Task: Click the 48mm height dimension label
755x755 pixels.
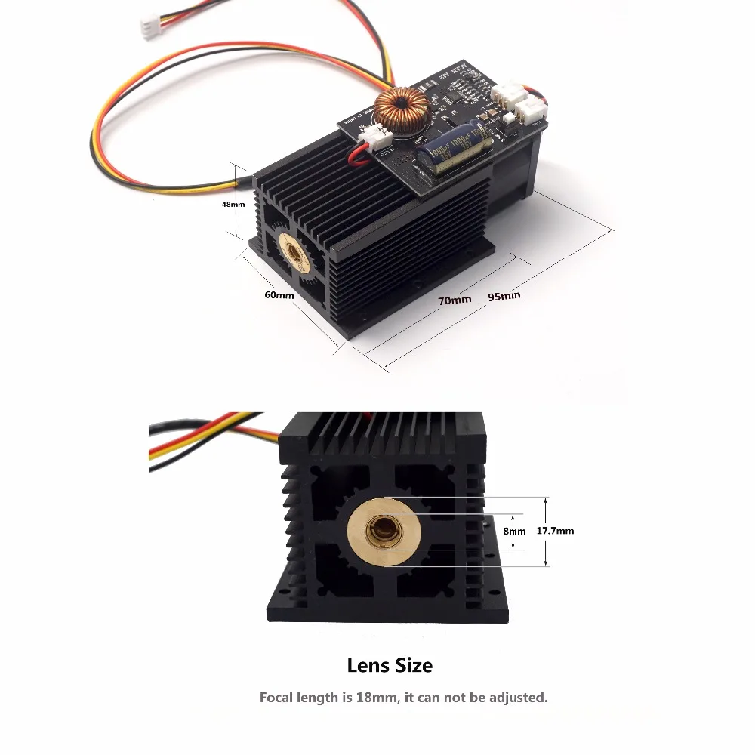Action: pyautogui.click(x=233, y=204)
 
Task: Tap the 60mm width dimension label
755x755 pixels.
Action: pyautogui.click(x=279, y=294)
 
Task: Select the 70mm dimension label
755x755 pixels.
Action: pyautogui.click(x=455, y=300)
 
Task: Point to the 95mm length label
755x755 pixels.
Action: pyautogui.click(x=504, y=296)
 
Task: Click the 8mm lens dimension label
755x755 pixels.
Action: pyautogui.click(x=515, y=531)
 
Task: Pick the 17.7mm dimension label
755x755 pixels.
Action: pyautogui.click(x=555, y=531)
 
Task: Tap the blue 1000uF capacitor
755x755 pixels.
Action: pyautogui.click(x=453, y=155)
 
